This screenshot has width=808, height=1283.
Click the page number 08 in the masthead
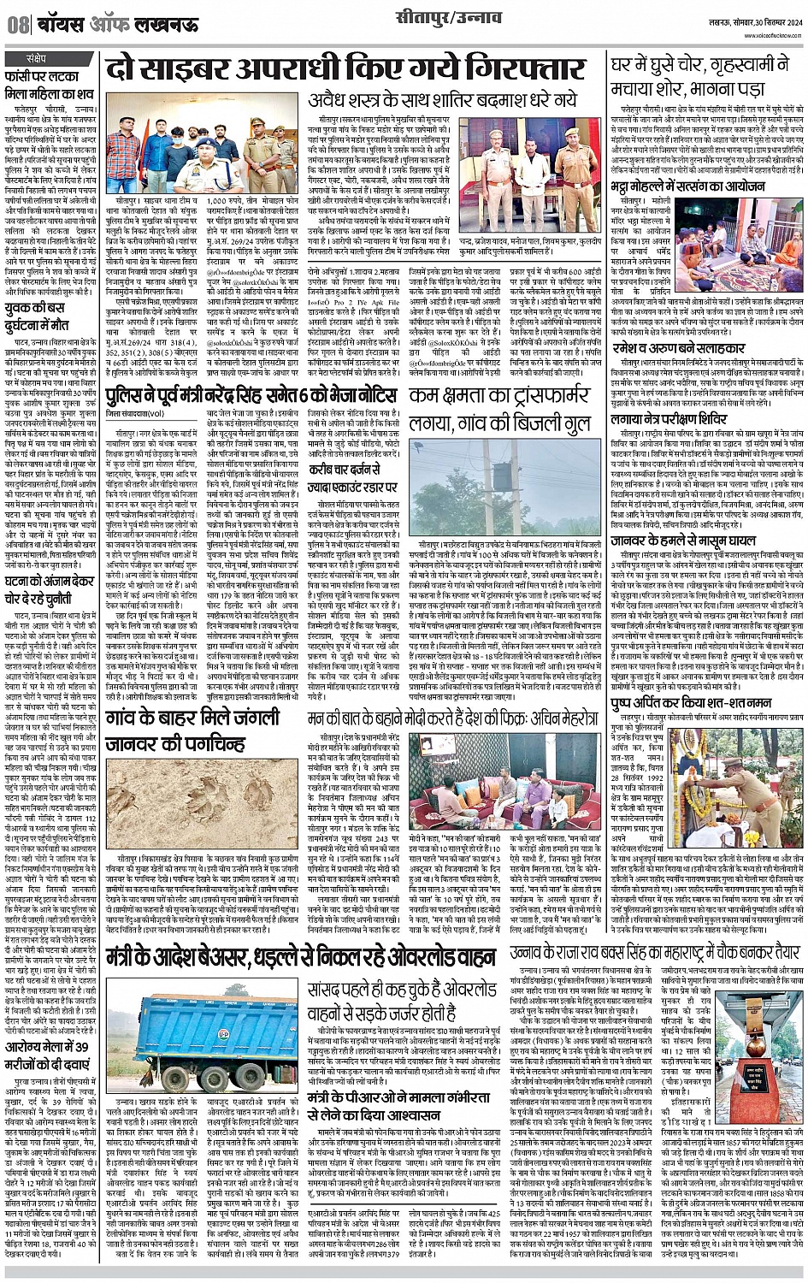(x=18, y=26)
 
